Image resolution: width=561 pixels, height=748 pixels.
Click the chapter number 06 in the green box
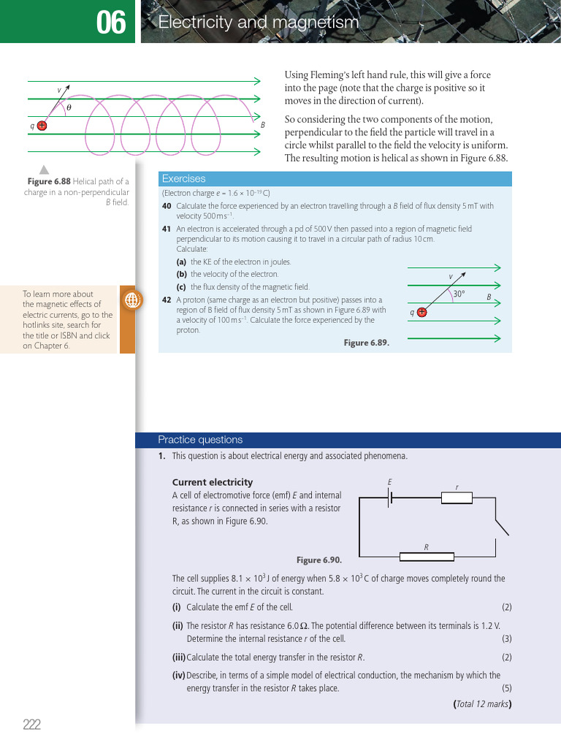point(111,24)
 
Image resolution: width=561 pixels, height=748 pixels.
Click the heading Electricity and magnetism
point(259,23)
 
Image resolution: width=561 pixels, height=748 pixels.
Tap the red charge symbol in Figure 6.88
point(42,126)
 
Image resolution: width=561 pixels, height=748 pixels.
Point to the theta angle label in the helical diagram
point(69,107)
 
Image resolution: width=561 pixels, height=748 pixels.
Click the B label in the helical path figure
point(262,126)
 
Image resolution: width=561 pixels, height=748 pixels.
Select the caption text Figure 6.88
point(50,181)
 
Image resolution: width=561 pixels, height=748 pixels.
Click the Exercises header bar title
point(184,178)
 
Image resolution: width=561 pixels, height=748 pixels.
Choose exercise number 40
point(167,206)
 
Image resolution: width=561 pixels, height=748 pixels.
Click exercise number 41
point(167,229)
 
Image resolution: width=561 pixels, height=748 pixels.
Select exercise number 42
point(167,299)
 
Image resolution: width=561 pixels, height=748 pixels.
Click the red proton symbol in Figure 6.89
point(421,312)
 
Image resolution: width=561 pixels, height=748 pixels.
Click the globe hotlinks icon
point(132,299)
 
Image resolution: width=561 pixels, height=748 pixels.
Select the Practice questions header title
point(200,440)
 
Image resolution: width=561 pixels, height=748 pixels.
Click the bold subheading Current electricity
point(212,482)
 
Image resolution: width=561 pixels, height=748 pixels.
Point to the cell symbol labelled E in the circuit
point(391,497)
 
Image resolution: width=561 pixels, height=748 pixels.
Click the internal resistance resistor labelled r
point(457,497)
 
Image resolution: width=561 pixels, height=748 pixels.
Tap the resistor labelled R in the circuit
point(426,557)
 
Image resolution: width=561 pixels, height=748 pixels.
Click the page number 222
point(31,725)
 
